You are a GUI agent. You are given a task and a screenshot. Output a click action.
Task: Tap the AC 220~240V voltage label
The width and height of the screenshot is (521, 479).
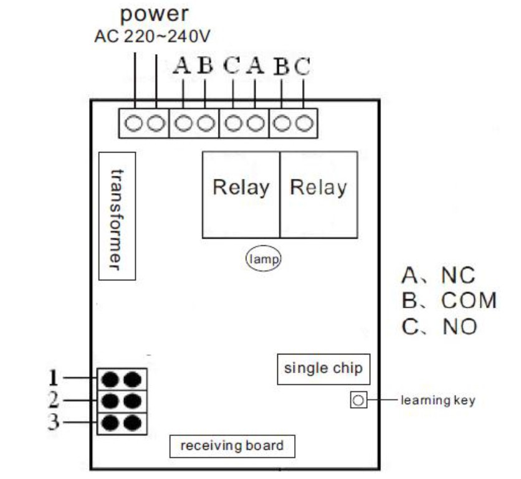point(152,36)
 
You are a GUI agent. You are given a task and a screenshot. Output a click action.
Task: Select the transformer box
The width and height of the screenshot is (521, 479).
point(117,216)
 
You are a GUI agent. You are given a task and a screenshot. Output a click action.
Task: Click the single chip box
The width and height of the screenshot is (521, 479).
point(323,369)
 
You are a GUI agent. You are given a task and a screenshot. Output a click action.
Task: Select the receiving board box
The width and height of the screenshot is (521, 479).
point(232,446)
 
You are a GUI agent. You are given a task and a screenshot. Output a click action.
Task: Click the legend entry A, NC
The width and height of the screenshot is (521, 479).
point(438,275)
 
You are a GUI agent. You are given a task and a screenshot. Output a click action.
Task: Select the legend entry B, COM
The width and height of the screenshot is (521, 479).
point(449,300)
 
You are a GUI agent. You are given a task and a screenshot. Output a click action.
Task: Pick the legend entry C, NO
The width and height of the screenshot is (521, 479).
point(439,326)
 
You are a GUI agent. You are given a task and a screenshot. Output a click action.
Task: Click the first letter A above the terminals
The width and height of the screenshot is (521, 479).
point(183,66)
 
